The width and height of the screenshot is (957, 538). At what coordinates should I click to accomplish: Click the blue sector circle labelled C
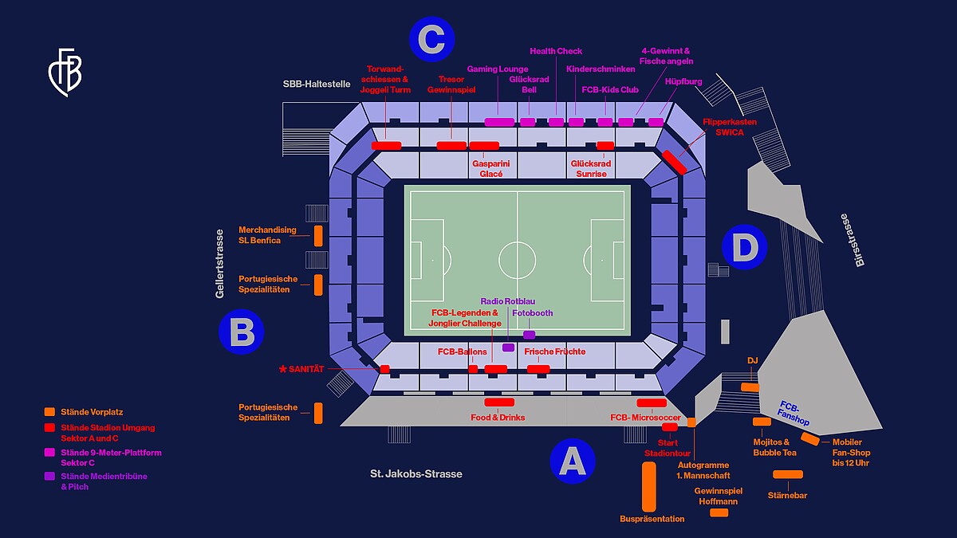click(431, 39)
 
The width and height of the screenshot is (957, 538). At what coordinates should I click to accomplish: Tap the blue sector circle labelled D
click(744, 247)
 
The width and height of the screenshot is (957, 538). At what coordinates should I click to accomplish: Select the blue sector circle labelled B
click(242, 332)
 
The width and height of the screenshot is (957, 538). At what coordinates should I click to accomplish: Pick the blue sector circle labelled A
click(573, 461)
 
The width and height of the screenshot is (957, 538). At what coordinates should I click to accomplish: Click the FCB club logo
click(65, 73)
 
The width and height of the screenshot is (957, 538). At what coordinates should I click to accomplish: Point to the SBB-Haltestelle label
click(317, 84)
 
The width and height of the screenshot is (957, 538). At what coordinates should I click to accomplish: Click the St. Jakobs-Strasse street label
click(416, 474)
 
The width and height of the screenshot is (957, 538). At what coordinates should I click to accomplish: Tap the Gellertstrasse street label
click(219, 264)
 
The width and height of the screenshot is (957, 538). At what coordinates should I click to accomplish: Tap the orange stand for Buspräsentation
click(649, 487)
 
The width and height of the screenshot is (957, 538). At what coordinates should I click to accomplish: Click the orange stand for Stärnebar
click(788, 474)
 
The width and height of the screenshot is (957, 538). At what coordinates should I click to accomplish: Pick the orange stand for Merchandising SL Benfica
click(318, 236)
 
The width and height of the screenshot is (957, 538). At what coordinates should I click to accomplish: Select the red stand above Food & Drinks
click(499, 403)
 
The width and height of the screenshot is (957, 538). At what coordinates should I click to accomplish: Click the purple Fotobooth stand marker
click(529, 335)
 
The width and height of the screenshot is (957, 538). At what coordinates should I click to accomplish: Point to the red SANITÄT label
click(301, 369)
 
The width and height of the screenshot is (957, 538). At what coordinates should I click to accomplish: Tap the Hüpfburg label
click(683, 81)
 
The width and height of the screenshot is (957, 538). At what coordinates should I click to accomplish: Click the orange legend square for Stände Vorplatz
click(49, 411)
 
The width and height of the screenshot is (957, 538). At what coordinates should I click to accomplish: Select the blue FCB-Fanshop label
click(794, 414)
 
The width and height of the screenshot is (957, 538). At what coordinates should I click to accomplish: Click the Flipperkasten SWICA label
click(730, 128)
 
